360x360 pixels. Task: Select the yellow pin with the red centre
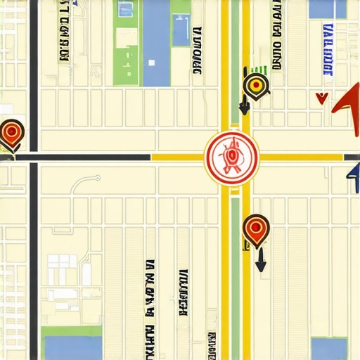click(256, 86)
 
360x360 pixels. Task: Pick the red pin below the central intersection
click(255, 229)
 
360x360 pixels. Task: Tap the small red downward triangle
click(322, 98)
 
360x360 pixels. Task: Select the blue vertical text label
click(328, 49)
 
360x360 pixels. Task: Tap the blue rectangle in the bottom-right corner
click(329, 348)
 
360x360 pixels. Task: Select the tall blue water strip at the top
click(155, 42)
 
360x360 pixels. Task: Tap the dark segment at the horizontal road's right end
click(309, 157)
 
